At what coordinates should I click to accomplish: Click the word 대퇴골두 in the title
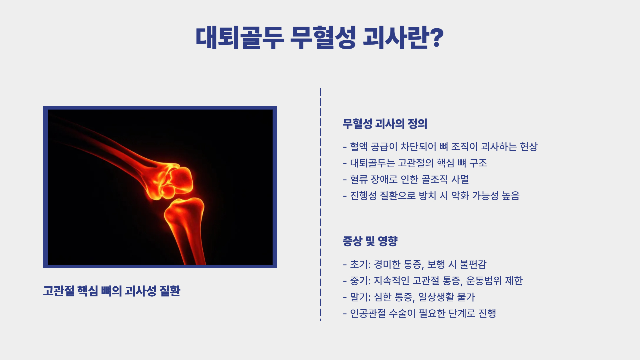(x=240, y=37)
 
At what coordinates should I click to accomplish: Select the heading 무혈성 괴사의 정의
(x=385, y=124)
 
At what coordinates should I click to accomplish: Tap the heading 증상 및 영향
(x=370, y=241)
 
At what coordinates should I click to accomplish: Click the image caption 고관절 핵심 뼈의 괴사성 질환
(x=112, y=291)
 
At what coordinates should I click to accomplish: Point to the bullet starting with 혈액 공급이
(x=440, y=147)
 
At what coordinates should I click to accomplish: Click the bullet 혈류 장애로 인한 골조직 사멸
(x=406, y=179)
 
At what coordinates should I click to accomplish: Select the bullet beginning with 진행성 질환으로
(x=431, y=196)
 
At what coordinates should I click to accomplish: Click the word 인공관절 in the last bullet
(x=368, y=313)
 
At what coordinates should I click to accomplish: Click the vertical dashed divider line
(x=321, y=205)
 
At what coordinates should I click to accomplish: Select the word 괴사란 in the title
(x=395, y=37)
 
